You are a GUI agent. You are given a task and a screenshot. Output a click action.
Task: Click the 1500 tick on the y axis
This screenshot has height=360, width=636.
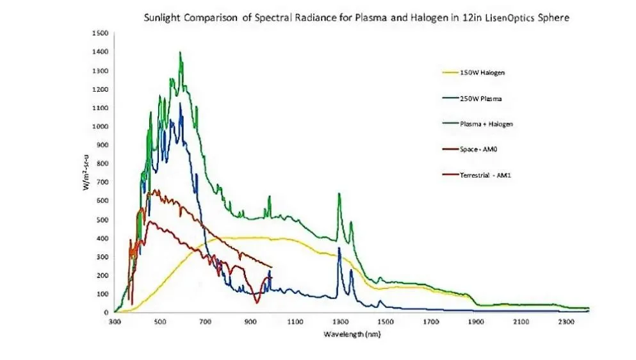pyautogui.click(x=100, y=33)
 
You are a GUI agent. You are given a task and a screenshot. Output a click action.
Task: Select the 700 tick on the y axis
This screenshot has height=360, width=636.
pyautogui.click(x=102, y=182)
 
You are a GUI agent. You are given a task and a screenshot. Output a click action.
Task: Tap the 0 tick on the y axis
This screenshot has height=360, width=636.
pyautogui.click(x=106, y=313)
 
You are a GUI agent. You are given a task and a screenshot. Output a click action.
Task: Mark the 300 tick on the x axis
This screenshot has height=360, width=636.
pyautogui.click(x=115, y=322)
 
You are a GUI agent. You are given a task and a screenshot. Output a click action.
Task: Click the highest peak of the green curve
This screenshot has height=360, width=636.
pyautogui.click(x=180, y=53)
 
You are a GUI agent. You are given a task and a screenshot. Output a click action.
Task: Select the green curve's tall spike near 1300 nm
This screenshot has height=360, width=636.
pyautogui.click(x=339, y=193)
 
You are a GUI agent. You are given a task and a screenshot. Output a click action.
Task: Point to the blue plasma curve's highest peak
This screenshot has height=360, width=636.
pyautogui.click(x=180, y=104)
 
